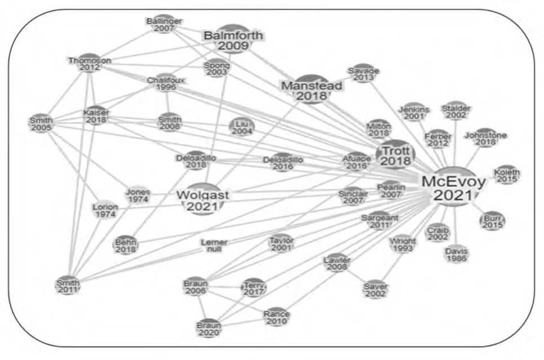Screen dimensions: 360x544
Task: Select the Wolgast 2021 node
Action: click(x=203, y=199)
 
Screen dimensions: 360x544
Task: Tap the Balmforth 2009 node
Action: click(x=233, y=39)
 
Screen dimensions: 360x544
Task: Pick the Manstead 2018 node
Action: click(x=312, y=90)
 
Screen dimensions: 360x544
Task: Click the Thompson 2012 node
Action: click(x=90, y=64)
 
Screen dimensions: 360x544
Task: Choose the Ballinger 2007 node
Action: click(x=164, y=24)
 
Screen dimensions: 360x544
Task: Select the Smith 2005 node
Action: click(x=42, y=124)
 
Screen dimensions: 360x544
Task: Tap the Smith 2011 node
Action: click(x=68, y=285)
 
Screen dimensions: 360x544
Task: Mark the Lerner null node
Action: click(x=214, y=246)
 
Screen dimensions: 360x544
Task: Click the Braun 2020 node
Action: click(x=209, y=328)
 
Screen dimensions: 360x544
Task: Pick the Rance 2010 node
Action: click(x=277, y=317)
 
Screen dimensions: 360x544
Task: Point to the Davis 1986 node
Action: click(x=456, y=255)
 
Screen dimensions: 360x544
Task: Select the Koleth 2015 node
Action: click(x=507, y=176)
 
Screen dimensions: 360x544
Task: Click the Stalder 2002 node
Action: click(x=456, y=111)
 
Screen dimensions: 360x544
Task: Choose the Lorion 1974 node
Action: click(x=105, y=210)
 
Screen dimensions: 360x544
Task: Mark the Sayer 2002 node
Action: click(x=376, y=290)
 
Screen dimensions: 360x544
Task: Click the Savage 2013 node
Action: click(x=363, y=74)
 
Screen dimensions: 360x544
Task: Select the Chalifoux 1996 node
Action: click(x=166, y=83)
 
